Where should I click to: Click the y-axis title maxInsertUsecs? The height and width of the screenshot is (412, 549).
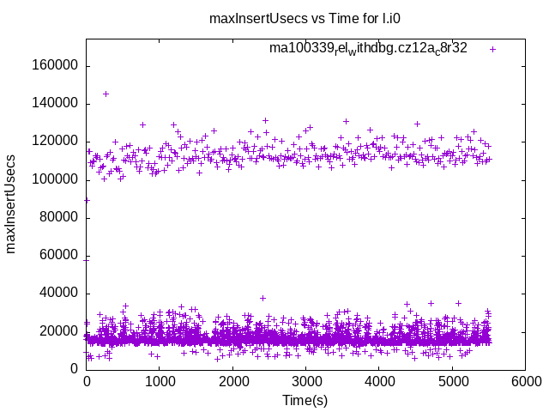click(x=11, y=203)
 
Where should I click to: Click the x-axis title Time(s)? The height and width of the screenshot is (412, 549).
click(x=305, y=400)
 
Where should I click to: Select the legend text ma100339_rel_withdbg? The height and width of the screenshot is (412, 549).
click(x=368, y=49)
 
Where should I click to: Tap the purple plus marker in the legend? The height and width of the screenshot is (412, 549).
click(x=492, y=49)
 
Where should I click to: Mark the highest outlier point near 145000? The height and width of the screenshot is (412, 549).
click(x=106, y=94)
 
